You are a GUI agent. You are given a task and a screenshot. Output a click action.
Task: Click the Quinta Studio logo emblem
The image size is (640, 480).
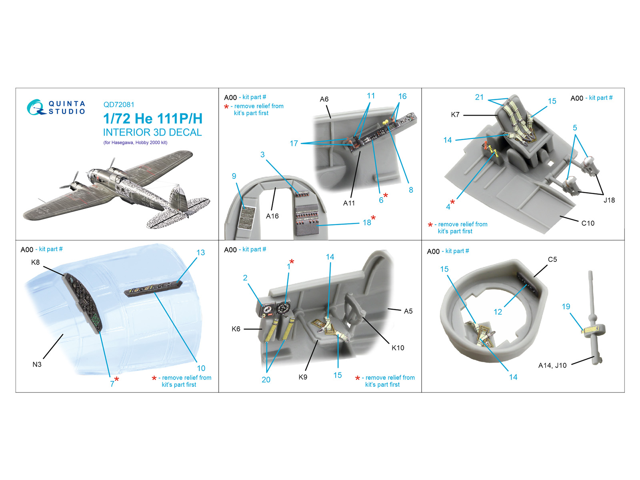point(36,107)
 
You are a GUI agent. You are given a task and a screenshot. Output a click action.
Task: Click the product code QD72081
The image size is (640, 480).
point(119,105)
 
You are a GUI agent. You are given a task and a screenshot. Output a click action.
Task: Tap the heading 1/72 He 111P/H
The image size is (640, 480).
point(153,119)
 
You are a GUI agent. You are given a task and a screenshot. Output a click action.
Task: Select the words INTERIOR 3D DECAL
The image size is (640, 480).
point(152,132)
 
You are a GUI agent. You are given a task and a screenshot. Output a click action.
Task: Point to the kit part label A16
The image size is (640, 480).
point(272,216)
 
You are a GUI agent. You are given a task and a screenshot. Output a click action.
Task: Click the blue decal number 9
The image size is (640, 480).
point(234,176)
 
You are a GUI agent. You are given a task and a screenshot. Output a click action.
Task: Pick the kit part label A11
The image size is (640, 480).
point(349,203)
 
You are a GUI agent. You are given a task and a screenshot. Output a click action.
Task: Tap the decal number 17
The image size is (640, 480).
point(294,143)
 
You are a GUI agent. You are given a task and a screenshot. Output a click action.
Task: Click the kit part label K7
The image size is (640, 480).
point(455,114)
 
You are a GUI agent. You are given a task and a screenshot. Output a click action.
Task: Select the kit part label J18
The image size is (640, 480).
point(609,200)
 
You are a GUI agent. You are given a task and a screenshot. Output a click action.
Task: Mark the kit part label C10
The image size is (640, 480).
point(588,223)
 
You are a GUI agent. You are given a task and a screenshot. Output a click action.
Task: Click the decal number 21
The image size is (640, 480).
point(479,97)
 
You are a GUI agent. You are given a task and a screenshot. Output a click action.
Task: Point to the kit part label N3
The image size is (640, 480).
point(37,364)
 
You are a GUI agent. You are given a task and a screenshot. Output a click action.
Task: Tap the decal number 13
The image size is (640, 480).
point(201,252)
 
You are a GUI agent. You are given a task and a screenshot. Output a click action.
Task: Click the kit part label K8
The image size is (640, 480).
point(35,262)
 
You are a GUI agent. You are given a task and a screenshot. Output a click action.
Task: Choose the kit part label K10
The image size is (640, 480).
point(398,348)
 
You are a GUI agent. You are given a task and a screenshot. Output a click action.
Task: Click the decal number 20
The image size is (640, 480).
point(266,380)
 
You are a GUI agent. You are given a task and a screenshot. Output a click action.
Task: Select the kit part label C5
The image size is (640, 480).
point(552,259)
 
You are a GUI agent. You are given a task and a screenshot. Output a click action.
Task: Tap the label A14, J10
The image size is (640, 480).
point(552,366)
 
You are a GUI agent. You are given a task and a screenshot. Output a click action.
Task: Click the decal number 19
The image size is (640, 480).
point(566,306)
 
